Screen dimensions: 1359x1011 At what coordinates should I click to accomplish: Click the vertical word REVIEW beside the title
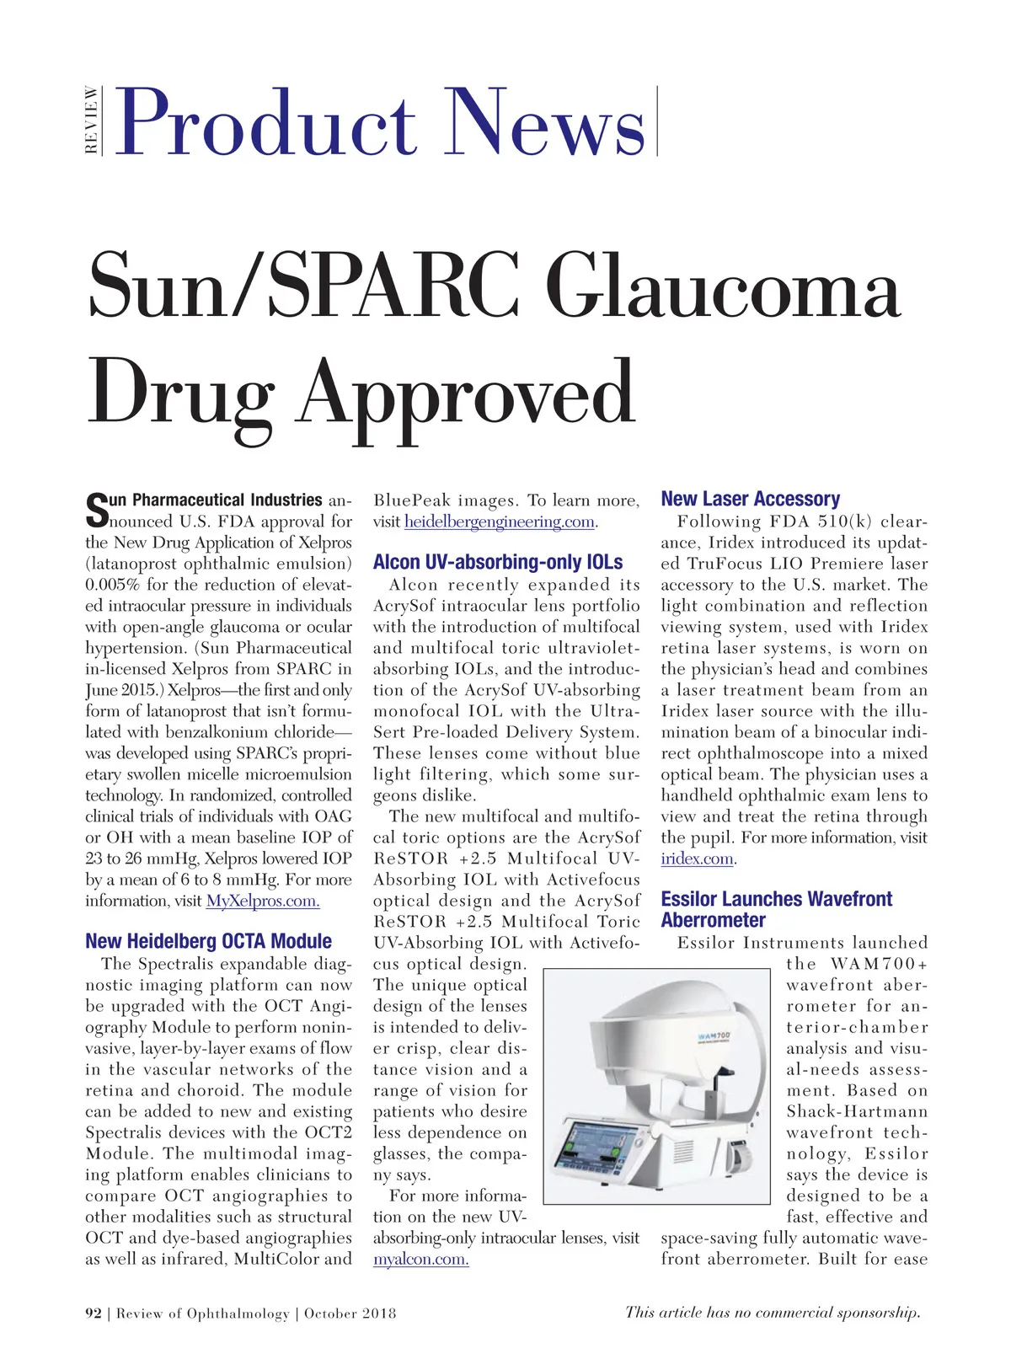91,120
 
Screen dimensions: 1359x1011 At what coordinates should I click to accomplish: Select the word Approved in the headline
468,393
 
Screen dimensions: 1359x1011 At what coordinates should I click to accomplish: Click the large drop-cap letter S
97,509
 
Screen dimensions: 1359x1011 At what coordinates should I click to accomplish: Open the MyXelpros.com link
263,901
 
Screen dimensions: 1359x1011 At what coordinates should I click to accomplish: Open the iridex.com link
698,859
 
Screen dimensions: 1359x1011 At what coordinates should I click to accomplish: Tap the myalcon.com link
420,1259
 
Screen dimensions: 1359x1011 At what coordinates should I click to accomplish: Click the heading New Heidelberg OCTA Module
208,941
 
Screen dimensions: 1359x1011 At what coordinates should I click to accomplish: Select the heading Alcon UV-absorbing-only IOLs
498,562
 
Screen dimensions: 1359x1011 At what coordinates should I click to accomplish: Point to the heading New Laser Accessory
750,499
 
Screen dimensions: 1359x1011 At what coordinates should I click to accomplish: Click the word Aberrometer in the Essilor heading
713,920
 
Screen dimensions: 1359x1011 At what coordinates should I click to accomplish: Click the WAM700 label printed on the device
714,1035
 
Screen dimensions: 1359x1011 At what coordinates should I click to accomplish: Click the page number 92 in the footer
93,1313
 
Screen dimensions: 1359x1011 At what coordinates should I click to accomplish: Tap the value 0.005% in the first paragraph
113,585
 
